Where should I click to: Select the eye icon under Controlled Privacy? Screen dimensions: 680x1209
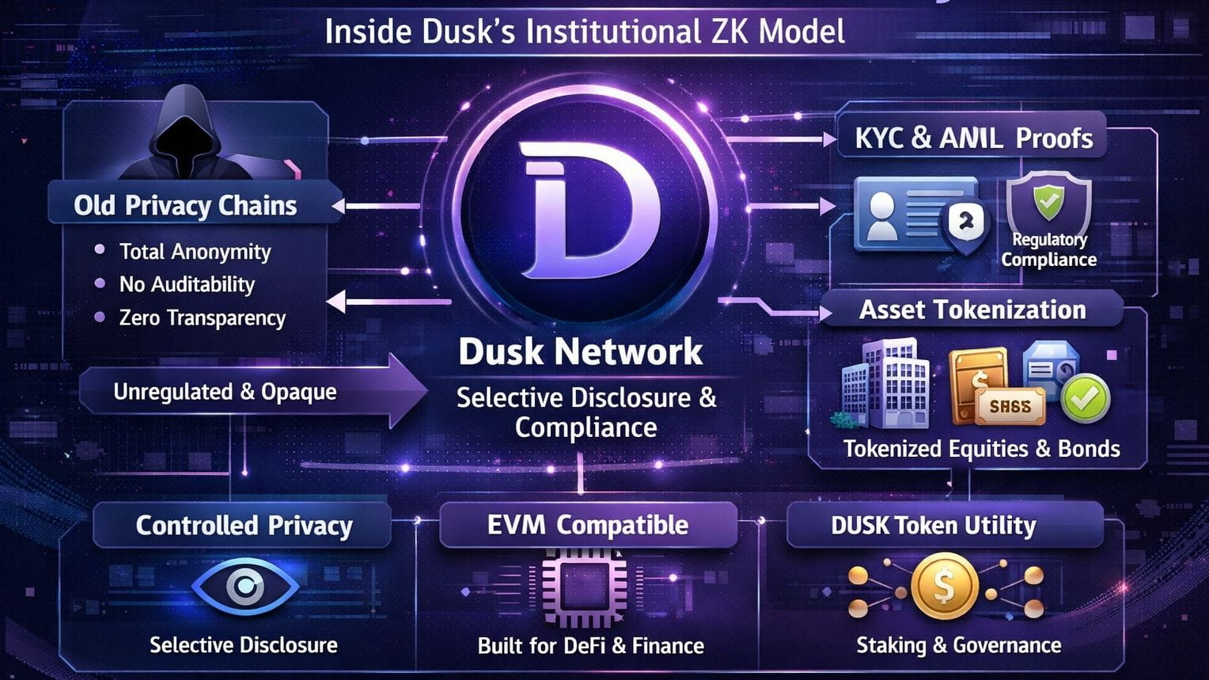point(245,587)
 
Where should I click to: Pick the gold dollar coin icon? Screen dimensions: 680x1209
point(944,587)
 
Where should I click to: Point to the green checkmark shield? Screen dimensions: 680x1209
point(1048,203)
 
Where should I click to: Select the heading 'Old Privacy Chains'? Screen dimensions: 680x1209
point(185,206)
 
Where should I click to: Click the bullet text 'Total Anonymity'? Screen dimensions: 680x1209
point(195,252)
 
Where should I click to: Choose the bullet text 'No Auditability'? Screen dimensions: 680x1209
point(187,284)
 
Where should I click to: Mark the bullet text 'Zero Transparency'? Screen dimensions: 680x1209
point(202,317)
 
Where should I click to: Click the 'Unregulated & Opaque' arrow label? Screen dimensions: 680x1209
point(225,392)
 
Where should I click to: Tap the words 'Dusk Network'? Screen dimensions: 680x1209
point(580,351)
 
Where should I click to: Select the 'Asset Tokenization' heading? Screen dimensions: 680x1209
point(972,310)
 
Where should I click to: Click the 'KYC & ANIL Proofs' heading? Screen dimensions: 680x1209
point(974,139)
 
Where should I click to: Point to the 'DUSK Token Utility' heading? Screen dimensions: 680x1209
point(933,525)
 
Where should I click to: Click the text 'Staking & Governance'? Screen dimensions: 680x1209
point(958,645)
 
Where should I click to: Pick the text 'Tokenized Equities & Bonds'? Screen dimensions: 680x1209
point(981,449)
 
